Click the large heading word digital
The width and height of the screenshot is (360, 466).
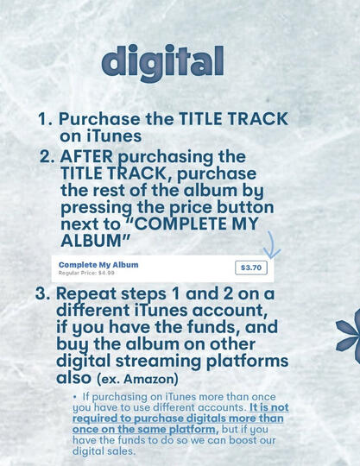pyautogui.click(x=162, y=63)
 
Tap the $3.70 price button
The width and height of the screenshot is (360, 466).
pyautogui.click(x=251, y=268)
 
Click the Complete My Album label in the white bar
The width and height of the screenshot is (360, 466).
pyautogui.click(x=98, y=265)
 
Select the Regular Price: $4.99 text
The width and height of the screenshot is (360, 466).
pyautogui.click(x=86, y=273)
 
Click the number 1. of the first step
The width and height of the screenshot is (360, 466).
pyautogui.click(x=46, y=119)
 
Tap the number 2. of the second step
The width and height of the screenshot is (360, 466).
pyautogui.click(x=47, y=156)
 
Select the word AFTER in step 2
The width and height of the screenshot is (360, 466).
pyautogui.click(x=86, y=156)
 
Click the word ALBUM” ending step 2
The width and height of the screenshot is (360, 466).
pyautogui.click(x=96, y=241)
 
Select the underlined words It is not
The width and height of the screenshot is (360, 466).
pyautogui.click(x=269, y=407)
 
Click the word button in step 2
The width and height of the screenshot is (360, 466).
pyautogui.click(x=245, y=207)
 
